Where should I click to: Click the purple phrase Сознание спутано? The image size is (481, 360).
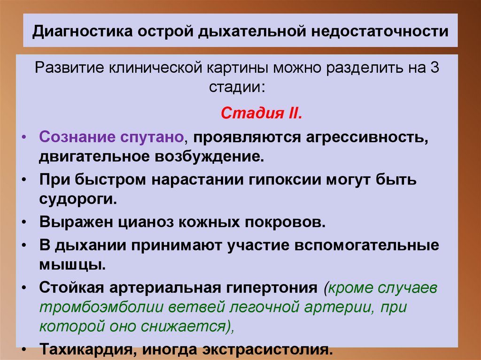tap(111, 138)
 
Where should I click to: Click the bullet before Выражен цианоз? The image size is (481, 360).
tap(24, 222)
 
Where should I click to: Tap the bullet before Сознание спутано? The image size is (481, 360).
tap(24, 138)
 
